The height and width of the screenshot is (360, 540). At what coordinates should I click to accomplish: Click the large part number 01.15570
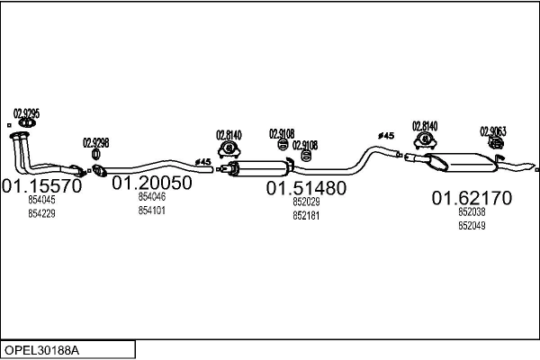(x=42, y=186)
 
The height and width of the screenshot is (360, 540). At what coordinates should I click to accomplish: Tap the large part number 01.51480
(x=306, y=188)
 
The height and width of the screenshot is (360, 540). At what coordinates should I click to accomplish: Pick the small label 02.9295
(x=24, y=113)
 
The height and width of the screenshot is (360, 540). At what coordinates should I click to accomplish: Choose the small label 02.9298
(x=96, y=142)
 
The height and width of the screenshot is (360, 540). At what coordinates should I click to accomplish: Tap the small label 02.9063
(x=492, y=130)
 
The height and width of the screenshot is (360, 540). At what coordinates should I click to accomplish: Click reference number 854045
(x=41, y=201)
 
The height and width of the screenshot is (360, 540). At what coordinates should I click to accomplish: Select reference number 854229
(x=41, y=213)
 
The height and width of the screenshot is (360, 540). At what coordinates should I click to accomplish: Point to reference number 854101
(x=151, y=211)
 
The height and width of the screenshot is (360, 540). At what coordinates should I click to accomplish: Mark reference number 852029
(x=306, y=202)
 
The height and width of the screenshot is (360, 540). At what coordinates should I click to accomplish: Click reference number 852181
(x=306, y=216)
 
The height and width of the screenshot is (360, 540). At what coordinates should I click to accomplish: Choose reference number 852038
(x=472, y=212)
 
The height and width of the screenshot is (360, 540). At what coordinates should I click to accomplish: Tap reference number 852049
(x=472, y=226)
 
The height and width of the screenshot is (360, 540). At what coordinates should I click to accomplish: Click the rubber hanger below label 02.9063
(x=493, y=144)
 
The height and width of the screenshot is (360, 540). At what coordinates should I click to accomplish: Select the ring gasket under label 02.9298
(x=97, y=155)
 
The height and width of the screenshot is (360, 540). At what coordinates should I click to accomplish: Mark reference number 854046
(x=151, y=196)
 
